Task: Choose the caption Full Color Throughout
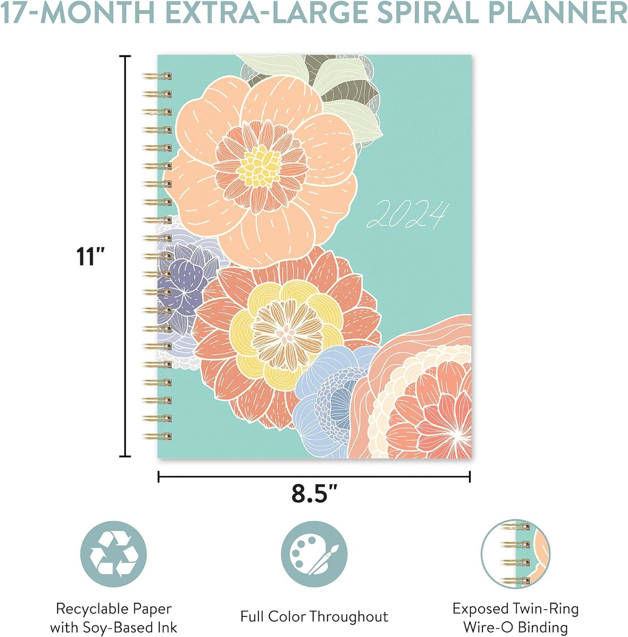pyautogui.click(x=314, y=616)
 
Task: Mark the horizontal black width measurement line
pyautogui.click(x=314, y=476)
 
